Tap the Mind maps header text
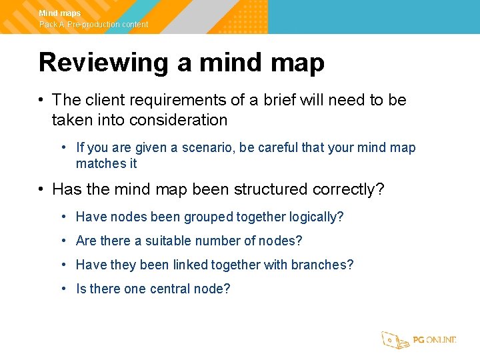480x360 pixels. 60,13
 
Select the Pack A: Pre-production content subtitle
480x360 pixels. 93,25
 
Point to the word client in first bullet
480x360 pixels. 104,100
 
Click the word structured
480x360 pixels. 269,189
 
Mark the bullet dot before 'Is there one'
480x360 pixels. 63,289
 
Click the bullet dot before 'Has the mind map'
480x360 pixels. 41,189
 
